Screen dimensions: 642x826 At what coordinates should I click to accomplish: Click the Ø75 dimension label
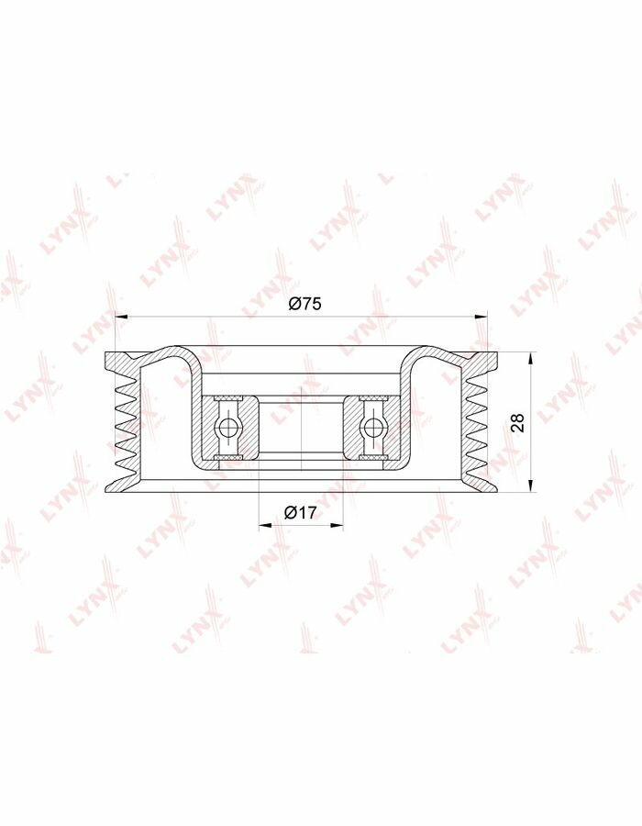pyautogui.click(x=304, y=305)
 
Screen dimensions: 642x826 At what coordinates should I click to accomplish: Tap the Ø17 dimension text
pyautogui.click(x=301, y=511)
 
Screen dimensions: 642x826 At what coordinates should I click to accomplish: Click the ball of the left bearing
pyautogui.click(x=229, y=427)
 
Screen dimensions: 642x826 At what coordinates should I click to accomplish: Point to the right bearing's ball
pyautogui.click(x=373, y=427)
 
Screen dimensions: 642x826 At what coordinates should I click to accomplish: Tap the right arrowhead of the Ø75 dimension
pyautogui.click(x=481, y=317)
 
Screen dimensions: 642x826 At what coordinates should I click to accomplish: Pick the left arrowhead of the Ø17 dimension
pyautogui.click(x=266, y=525)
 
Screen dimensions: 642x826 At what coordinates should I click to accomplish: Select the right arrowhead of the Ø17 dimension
pyautogui.click(x=337, y=525)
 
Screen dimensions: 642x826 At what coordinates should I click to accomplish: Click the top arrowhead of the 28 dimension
pyautogui.click(x=531, y=358)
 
